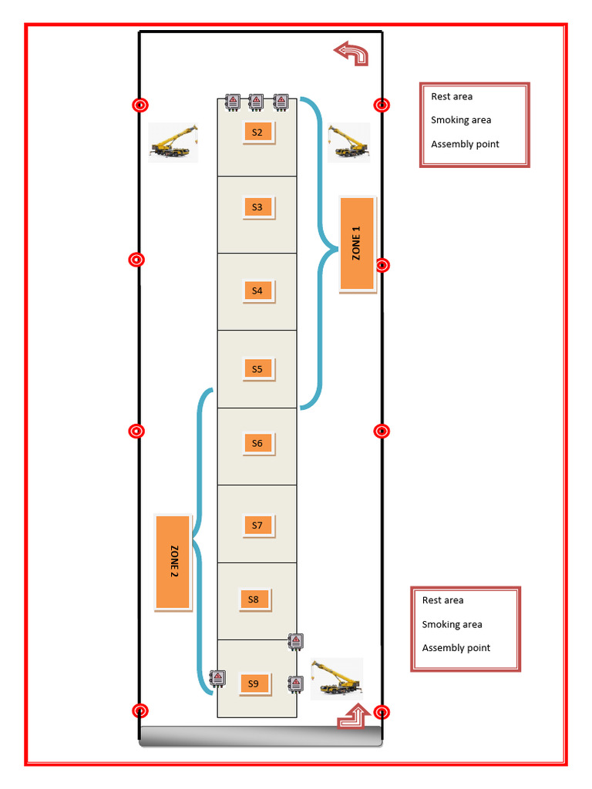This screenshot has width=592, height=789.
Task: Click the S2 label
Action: [x=257, y=132]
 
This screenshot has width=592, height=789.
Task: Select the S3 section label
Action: [x=257, y=206]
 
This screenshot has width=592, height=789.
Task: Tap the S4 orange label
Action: [x=257, y=290]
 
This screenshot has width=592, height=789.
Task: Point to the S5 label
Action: [x=257, y=369]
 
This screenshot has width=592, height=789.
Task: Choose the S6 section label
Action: [x=257, y=443]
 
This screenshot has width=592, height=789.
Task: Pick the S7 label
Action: [x=257, y=525]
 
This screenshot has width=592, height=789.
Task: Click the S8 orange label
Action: [x=254, y=599]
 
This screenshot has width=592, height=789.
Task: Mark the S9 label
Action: [x=254, y=683]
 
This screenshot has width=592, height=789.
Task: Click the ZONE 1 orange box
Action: [x=357, y=243]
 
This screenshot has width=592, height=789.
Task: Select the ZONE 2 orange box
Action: [x=173, y=562]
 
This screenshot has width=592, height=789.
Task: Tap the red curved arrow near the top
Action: [x=351, y=53]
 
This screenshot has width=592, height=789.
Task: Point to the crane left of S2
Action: [x=173, y=142]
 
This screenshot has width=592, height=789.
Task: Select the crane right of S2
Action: [x=348, y=142]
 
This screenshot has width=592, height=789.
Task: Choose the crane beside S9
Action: [x=336, y=678]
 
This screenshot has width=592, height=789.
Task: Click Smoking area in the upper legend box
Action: [x=461, y=120]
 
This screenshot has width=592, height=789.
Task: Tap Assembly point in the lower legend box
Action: [x=456, y=648]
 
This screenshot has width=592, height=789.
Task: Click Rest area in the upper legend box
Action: [x=452, y=96]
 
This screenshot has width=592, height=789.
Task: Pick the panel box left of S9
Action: [x=218, y=678]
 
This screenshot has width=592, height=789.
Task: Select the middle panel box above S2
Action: [x=256, y=102]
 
